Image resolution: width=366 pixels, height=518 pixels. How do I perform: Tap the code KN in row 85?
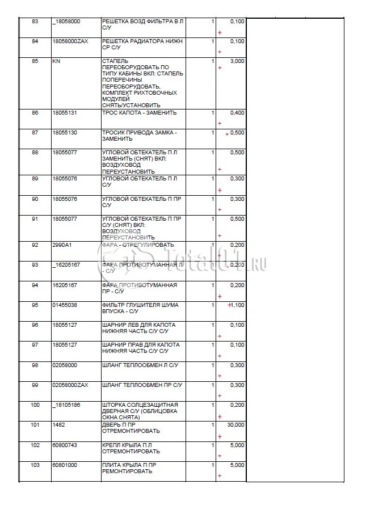coord(56,61)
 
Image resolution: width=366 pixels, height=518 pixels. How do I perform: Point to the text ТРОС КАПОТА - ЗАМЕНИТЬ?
coord(139,113)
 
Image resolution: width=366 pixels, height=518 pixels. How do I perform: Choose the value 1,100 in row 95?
coord(238,305)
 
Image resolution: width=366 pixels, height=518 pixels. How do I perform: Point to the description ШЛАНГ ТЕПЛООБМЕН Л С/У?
coord(140,365)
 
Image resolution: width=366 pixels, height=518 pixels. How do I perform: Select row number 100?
coord(35,405)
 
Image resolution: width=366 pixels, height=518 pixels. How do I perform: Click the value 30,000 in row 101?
coord(236,424)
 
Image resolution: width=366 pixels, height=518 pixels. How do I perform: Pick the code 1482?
coord(58,424)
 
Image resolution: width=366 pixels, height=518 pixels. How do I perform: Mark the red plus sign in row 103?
coord(220,475)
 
